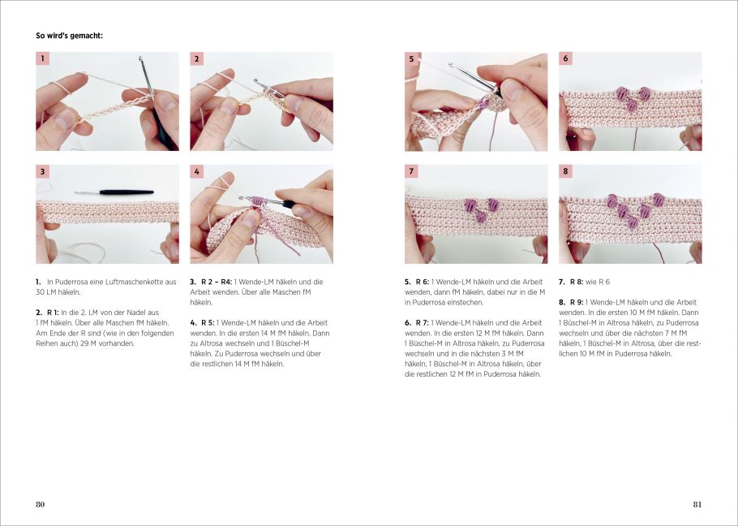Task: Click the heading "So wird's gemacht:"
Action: (x=69, y=36)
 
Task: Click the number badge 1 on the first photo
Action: (x=42, y=58)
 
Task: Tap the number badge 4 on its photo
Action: (x=197, y=172)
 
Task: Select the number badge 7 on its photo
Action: (x=412, y=172)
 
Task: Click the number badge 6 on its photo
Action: (x=566, y=58)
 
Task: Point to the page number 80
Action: (x=41, y=504)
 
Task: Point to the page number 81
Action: (x=697, y=504)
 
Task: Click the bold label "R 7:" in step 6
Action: (x=423, y=323)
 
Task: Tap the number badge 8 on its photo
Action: (x=566, y=172)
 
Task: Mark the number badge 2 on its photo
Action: (x=197, y=58)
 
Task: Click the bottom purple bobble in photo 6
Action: (x=632, y=106)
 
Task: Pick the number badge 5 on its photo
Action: (x=412, y=58)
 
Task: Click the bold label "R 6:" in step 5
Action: (x=423, y=282)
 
